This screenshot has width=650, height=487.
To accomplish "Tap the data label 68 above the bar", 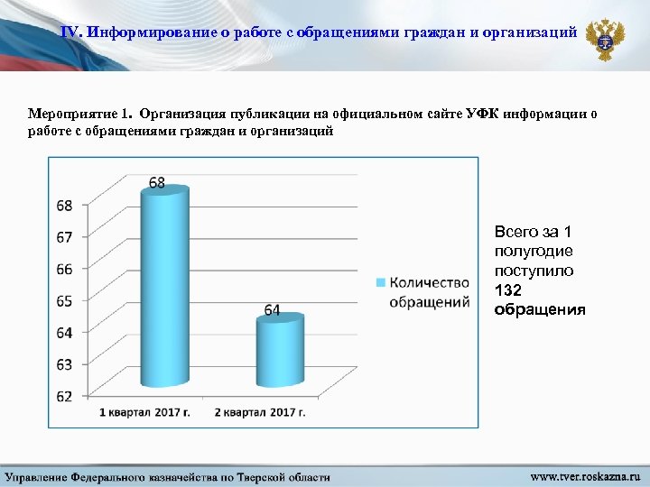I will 157,183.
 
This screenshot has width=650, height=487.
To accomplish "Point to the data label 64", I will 272,310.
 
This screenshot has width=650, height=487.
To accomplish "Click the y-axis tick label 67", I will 64,237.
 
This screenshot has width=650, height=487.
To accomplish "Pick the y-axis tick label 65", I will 64,300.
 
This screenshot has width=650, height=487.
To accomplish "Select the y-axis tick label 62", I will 64,396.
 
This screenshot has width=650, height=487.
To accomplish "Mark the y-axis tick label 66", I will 64,269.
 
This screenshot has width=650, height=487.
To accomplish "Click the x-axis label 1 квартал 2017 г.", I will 144,412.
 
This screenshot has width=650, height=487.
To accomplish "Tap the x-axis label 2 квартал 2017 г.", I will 260,412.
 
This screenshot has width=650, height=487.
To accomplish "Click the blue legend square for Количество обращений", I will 380,283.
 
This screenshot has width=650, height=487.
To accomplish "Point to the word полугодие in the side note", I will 527,251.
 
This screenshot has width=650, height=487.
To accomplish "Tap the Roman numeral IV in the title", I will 71,32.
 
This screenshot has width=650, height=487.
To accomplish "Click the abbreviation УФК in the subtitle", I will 485,115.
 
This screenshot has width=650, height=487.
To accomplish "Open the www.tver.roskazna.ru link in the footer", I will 584,475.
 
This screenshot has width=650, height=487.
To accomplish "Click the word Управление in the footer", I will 42,476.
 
